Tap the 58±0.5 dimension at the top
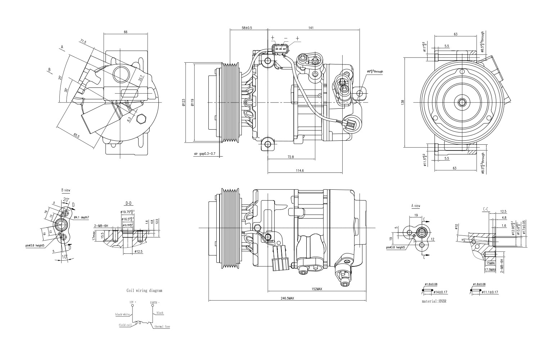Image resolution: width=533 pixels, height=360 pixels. click(x=247, y=28)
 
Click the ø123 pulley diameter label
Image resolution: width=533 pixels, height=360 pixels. click(x=184, y=103)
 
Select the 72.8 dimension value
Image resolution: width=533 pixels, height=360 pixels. click(x=290, y=157)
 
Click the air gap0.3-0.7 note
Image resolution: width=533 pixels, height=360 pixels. click(x=204, y=154)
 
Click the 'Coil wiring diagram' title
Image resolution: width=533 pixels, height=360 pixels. click(x=144, y=290)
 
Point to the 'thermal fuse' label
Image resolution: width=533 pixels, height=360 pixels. click(x=162, y=327)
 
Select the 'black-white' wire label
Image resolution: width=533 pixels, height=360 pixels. click(x=122, y=314)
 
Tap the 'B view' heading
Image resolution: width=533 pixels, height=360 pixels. click(x=66, y=190)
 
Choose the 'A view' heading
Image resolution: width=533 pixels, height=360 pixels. click(x=416, y=206)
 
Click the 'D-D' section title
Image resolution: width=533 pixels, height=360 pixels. click(x=128, y=203)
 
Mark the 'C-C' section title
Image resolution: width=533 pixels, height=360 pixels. click(x=485, y=209)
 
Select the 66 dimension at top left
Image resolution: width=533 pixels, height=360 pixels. click(x=126, y=32)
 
